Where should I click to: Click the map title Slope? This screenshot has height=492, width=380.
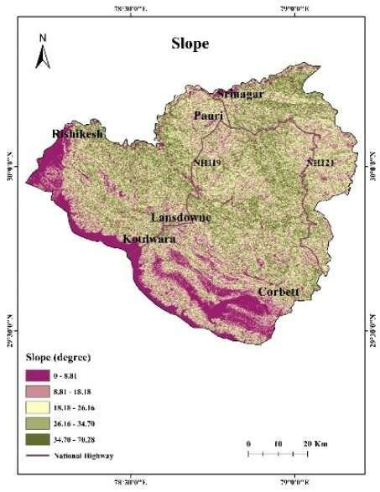click(190, 44)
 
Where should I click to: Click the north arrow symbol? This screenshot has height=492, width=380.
click(41, 52)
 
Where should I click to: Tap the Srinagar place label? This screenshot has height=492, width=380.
click(241, 94)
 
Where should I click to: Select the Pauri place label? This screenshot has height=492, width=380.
click(206, 115)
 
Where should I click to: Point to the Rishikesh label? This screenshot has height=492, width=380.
click(77, 134)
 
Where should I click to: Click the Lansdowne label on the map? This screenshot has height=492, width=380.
click(180, 218)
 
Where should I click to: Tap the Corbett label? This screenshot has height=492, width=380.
click(278, 292)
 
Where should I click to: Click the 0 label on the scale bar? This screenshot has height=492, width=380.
click(248, 442)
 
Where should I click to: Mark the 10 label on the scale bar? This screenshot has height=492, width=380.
click(278, 442)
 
